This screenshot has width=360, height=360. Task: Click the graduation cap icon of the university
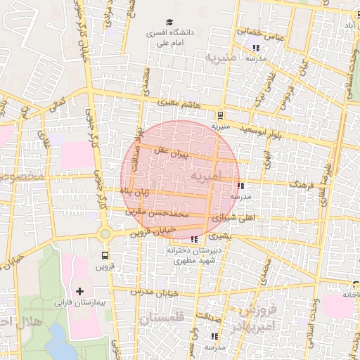tap(169, 22)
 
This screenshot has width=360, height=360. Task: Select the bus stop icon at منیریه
tap(221, 115)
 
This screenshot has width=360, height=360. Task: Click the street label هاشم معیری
tap(179, 103)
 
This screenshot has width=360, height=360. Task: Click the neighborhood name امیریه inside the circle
tap(209, 174)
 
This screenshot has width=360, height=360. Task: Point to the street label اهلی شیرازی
tap(256, 219)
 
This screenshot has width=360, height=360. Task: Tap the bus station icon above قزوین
tap(105, 255)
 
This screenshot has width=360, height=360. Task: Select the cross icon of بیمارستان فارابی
tap(79, 290)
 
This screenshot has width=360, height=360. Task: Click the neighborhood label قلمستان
tap(160, 319)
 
